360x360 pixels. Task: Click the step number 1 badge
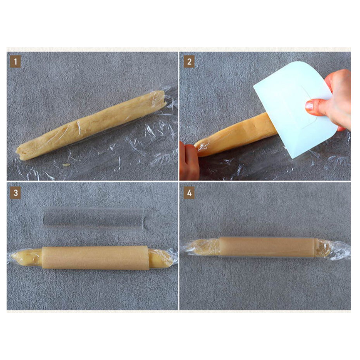coord(16,62)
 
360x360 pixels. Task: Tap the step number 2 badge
coord(189,62)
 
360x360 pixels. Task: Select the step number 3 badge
coord(16,193)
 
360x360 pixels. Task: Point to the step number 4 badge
coord(189,193)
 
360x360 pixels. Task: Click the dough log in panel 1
coord(91,125)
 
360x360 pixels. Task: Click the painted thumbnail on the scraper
coord(309,106)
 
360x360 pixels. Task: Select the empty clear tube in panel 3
coord(94,218)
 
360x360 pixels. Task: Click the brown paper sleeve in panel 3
coord(95,257)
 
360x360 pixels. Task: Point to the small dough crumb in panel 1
coord(66,165)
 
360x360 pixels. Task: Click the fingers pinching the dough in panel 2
coord(189,161)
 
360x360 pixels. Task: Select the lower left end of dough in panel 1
coord(21,153)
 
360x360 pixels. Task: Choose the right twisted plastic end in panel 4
coord(338,251)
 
